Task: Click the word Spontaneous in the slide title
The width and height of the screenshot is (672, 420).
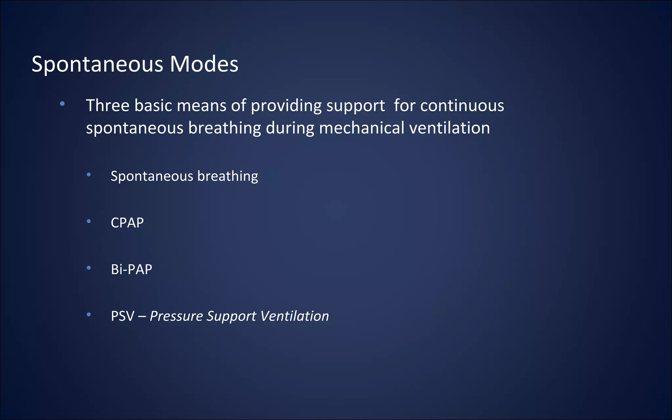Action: (x=97, y=64)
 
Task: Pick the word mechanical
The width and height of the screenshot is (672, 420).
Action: (x=362, y=128)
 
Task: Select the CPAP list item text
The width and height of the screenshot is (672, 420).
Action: (x=127, y=223)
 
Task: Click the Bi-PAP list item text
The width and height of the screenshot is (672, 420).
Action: (x=132, y=269)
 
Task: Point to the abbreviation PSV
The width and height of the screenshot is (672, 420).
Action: (x=123, y=316)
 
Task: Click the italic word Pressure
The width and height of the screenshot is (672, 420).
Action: (x=177, y=316)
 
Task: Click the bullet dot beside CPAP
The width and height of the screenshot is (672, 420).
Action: (x=89, y=221)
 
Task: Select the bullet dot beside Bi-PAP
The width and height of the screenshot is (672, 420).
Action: (x=89, y=268)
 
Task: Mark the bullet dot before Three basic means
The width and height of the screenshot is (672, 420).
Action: (x=62, y=104)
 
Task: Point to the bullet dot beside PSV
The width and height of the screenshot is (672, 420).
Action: (x=89, y=315)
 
